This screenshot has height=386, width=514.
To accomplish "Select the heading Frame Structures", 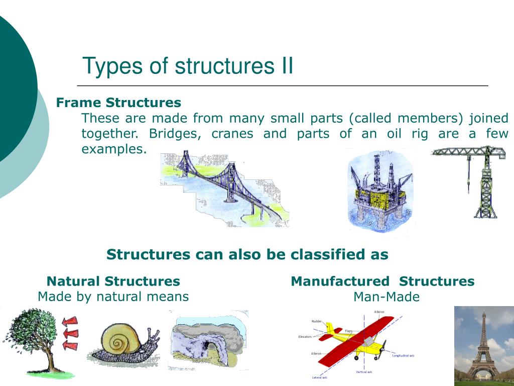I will tap(118, 103).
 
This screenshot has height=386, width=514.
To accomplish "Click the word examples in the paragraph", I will tap(114, 149).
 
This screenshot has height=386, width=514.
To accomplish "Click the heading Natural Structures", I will tap(113, 281).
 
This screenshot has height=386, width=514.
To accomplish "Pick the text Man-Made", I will tap(387, 297).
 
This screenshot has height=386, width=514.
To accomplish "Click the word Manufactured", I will tap(340, 281).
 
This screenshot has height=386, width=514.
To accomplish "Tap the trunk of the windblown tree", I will tap(50, 359).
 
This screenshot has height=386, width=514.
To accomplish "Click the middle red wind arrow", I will tap(71, 333).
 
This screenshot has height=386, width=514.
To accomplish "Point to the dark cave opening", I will tap(206, 347).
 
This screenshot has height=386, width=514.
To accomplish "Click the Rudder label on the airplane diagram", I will tap(317, 321).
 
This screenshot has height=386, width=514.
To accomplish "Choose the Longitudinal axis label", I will tap(403, 355).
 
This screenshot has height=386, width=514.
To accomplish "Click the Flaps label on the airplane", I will tap(348, 331).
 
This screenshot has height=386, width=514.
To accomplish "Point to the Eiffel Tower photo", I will tap(484, 346).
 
